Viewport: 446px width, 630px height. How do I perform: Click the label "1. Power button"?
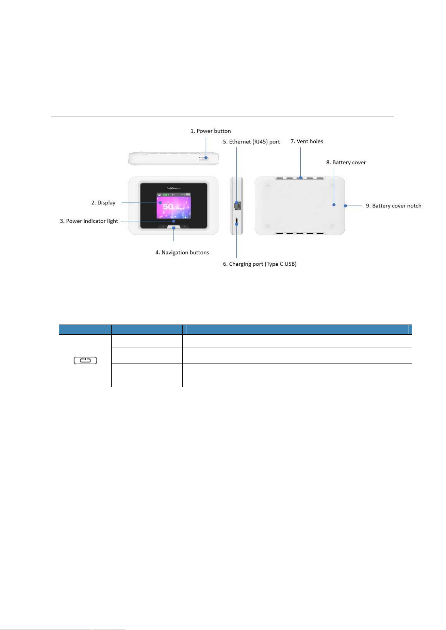click(x=210, y=131)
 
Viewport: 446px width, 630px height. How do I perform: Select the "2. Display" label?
click(x=103, y=203)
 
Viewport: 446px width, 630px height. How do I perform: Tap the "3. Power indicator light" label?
click(x=89, y=221)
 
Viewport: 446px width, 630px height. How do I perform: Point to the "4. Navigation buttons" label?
click(x=182, y=252)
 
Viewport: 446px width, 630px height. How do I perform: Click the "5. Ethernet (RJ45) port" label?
click(x=251, y=141)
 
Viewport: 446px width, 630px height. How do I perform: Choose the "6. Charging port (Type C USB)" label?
click(x=260, y=264)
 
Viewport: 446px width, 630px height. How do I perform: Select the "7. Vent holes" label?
click(x=307, y=141)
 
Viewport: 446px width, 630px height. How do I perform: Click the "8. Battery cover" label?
click(x=346, y=162)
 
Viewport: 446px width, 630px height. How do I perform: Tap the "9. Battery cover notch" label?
click(x=394, y=206)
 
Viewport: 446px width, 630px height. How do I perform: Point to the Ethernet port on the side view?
click(x=237, y=205)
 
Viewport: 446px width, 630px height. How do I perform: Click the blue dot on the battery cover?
click(x=334, y=205)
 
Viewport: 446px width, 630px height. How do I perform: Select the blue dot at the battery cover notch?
click(x=345, y=206)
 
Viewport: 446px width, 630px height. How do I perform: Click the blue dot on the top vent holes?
click(x=301, y=178)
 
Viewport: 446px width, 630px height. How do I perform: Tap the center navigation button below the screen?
click(x=174, y=227)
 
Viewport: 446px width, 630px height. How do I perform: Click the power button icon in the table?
click(x=85, y=360)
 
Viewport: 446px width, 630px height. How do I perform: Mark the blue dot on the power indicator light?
click(x=174, y=221)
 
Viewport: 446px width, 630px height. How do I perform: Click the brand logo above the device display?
click(x=173, y=189)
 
